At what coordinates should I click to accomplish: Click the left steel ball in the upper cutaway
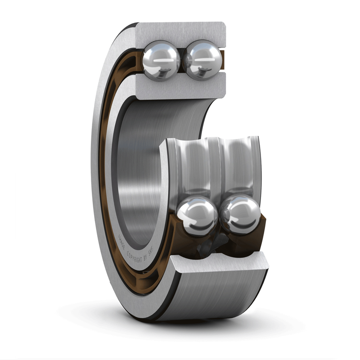[161, 60]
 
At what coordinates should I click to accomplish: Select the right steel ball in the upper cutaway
[204, 60]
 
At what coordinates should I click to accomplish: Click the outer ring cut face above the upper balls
[180, 31]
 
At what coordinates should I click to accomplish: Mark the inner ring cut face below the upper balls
[180, 88]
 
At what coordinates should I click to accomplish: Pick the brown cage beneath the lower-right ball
[245, 243]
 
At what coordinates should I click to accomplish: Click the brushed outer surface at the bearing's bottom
[216, 297]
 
